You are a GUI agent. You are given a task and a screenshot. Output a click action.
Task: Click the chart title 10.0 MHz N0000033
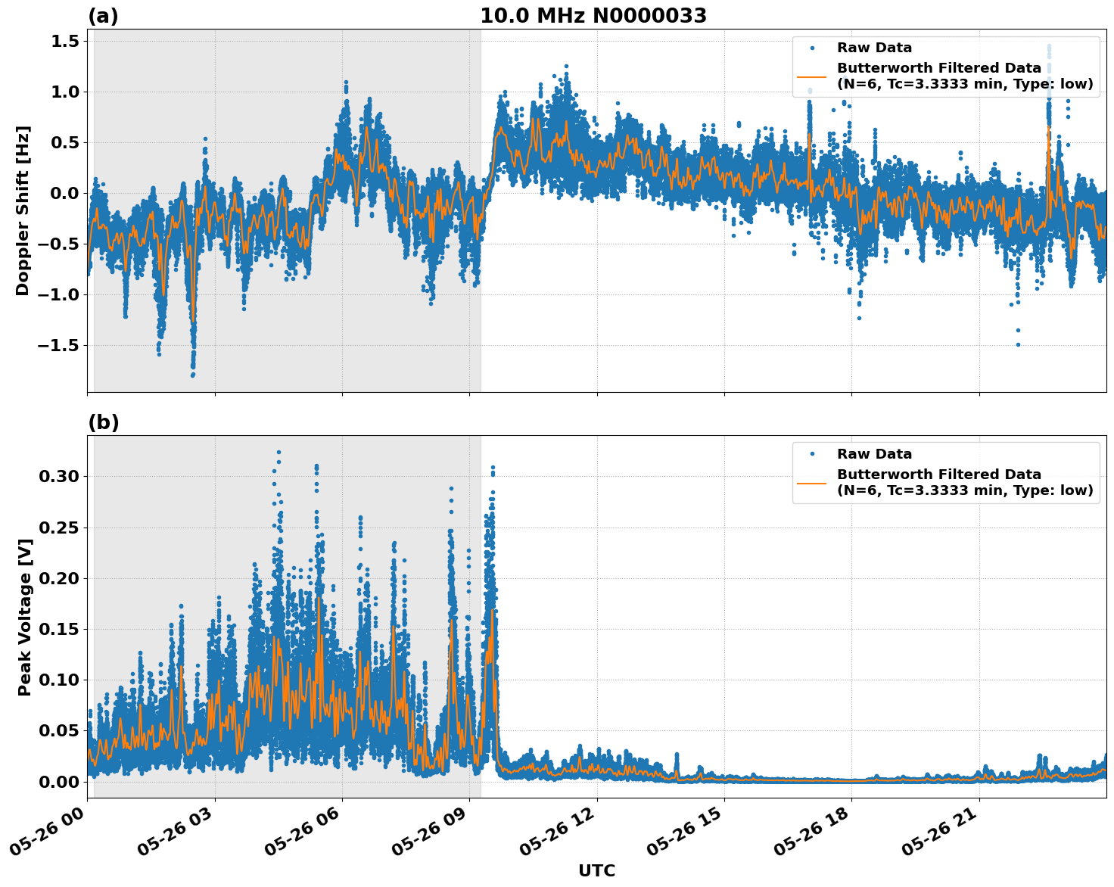[x=593, y=16]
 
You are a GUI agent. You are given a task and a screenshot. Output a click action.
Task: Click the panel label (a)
[x=103, y=16]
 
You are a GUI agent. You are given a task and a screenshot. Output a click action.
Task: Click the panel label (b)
[x=103, y=422]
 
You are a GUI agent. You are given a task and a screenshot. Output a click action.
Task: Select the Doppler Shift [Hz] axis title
[x=23, y=210]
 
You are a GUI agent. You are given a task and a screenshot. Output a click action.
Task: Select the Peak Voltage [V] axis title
[x=24, y=617]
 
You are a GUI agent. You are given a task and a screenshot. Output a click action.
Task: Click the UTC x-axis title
[x=596, y=870]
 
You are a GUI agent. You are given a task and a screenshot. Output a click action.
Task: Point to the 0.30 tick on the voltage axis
[x=59, y=476]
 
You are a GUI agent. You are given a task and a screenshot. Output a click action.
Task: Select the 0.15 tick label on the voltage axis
[x=59, y=629]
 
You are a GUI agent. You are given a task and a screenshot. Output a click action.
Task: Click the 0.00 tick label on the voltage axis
[x=59, y=782]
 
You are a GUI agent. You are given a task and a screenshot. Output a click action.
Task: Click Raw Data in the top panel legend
[x=874, y=48]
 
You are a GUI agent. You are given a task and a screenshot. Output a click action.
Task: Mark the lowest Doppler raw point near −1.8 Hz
[x=192, y=375]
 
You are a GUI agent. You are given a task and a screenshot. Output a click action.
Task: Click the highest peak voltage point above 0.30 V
[x=278, y=453]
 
